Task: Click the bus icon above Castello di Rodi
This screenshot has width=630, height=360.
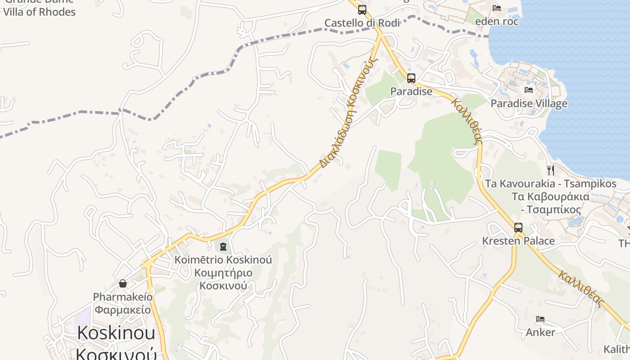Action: click(x=362, y=10)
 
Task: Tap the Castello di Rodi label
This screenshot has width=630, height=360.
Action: click(x=362, y=23)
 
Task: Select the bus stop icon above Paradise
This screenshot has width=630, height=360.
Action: click(x=411, y=78)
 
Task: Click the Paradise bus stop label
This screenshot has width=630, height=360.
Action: click(x=411, y=91)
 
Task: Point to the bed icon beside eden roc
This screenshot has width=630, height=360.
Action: click(x=497, y=8)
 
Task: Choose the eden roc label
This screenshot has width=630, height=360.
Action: click(x=497, y=21)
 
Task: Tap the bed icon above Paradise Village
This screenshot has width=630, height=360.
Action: click(x=529, y=90)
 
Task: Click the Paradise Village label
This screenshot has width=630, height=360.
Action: click(x=529, y=103)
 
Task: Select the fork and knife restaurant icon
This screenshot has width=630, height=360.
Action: click(x=550, y=170)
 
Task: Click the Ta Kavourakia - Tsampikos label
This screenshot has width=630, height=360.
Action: click(x=550, y=184)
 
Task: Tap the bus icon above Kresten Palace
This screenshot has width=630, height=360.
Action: click(x=518, y=228)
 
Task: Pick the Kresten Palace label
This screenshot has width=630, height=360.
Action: click(x=518, y=241)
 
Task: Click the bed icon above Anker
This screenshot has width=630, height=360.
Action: click(x=540, y=319)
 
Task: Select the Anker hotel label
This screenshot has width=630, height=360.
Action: click(x=540, y=332)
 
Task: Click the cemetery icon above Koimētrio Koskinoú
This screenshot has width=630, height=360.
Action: click(x=223, y=246)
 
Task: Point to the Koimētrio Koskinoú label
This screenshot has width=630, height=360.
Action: click(x=223, y=260)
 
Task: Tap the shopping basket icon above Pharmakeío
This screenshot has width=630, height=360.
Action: click(x=122, y=283)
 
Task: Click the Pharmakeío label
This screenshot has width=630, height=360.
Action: click(x=122, y=297)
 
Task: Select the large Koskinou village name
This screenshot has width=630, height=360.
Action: click(x=116, y=333)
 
